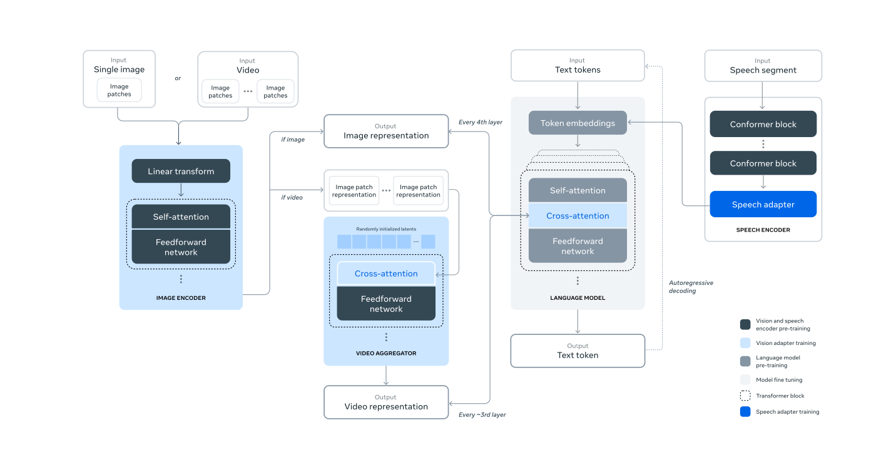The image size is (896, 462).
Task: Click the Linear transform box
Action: click(181, 171)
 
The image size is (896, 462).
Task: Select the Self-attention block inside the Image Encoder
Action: click(181, 217)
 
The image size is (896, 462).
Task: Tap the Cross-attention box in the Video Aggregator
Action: click(386, 274)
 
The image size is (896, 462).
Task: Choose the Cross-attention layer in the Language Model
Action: click(578, 216)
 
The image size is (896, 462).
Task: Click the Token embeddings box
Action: click(578, 123)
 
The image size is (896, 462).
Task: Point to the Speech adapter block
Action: click(763, 205)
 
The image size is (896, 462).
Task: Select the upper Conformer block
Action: click(763, 125)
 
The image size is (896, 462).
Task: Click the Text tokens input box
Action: click(578, 66)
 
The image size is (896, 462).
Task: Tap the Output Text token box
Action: click(578, 351)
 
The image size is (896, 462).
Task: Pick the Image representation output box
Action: click(386, 131)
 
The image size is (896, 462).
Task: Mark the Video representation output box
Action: click(386, 402)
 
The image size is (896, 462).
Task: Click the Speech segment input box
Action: click(763, 66)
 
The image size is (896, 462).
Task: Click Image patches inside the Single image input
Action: click(119, 91)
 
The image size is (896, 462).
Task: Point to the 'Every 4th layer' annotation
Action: click(480, 122)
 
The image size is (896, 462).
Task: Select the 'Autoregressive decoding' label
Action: click(691, 287)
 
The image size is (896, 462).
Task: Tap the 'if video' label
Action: click(292, 197)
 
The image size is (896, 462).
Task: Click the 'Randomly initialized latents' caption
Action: click(386, 229)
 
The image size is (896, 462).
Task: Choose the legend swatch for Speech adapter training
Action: click(745, 412)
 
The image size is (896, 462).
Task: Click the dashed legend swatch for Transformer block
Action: click(745, 396)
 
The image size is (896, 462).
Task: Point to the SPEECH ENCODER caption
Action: click(763, 230)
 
